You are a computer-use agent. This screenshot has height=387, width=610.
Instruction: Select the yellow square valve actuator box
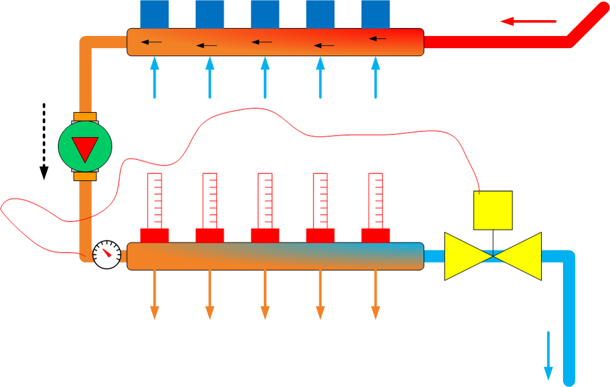tap(493, 210)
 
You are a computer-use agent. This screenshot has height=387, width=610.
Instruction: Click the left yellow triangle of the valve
tap(465, 256)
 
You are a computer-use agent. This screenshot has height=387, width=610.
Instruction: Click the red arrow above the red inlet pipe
tap(528, 22)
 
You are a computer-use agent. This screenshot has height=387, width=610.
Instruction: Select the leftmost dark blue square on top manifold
tap(154, 14)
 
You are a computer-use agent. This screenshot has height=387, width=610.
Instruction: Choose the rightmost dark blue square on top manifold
tap(376, 14)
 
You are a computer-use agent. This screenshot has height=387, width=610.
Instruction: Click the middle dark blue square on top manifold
tap(265, 14)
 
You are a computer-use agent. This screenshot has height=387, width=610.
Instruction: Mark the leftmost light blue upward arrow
tap(154, 77)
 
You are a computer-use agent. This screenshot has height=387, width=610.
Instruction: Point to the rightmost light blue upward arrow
tap(376, 77)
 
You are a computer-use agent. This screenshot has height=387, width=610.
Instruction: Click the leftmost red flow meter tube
tap(154, 201)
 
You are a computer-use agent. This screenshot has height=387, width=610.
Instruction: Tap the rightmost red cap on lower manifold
tap(376, 235)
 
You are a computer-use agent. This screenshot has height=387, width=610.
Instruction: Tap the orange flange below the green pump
tap(85, 176)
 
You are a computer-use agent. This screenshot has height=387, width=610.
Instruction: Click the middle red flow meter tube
tap(265, 201)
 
